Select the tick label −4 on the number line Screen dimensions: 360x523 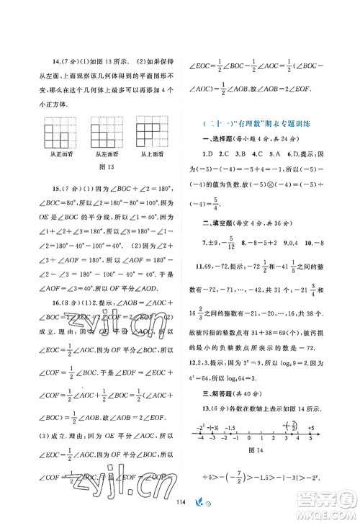point(204,437)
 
